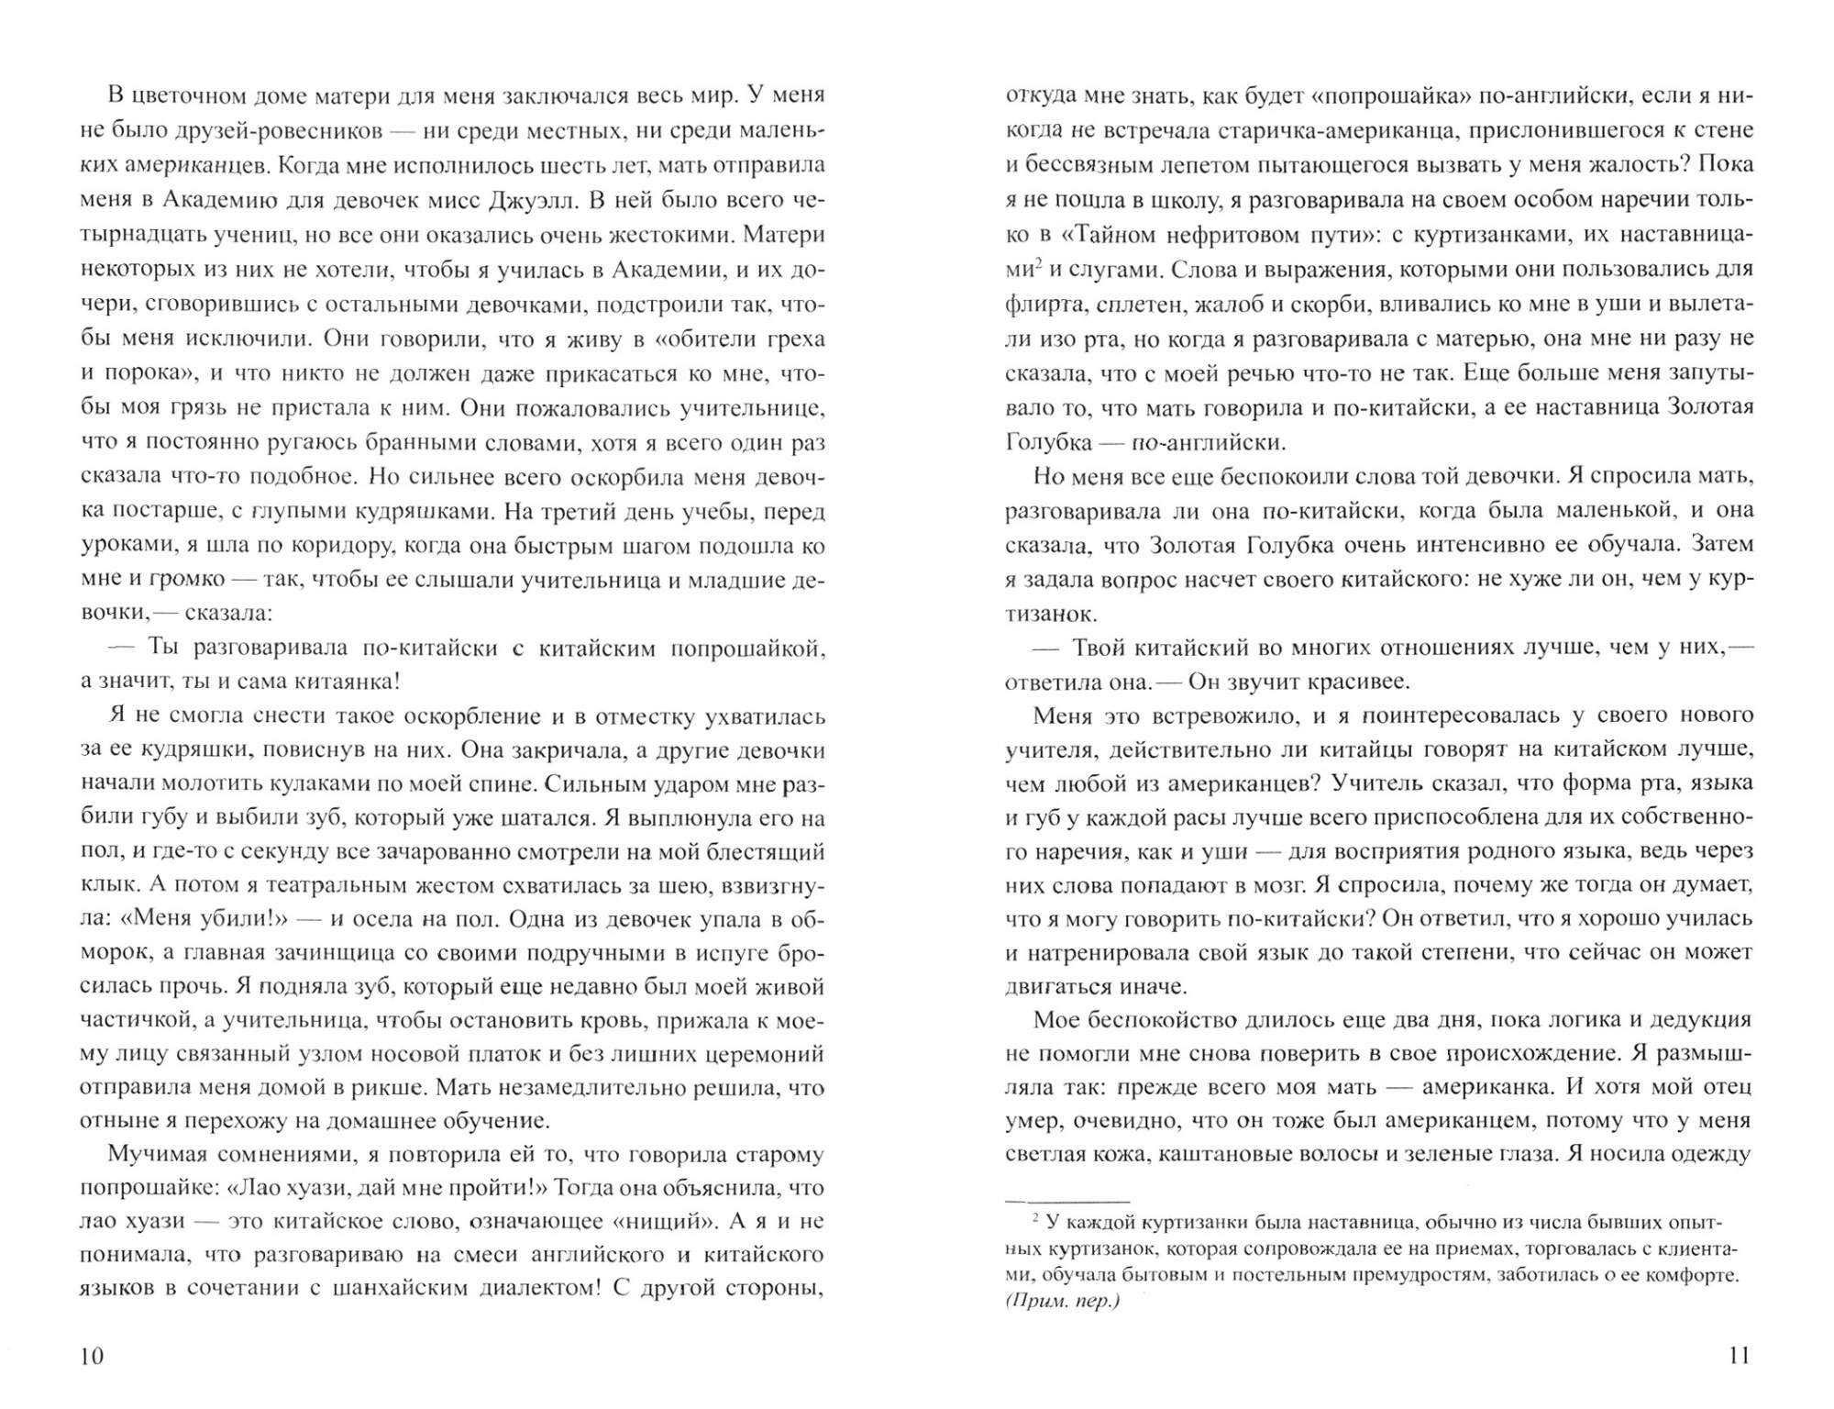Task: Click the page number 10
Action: pos(93,1356)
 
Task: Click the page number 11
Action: pos(1739,1355)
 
